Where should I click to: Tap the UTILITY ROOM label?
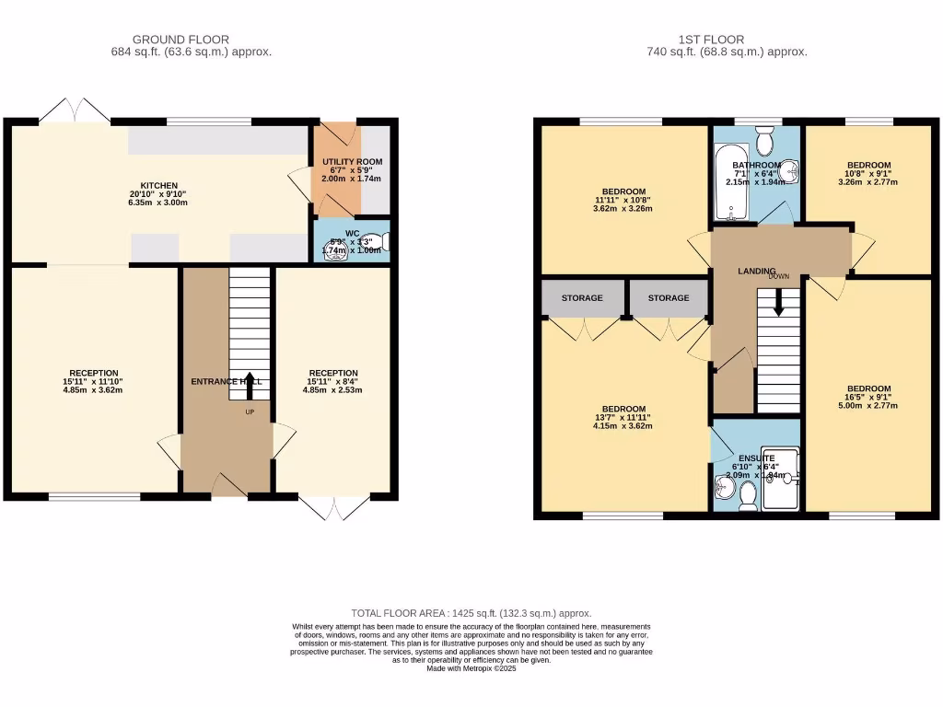click(352, 162)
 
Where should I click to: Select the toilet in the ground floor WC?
click(383, 242)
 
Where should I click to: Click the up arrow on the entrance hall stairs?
click(249, 386)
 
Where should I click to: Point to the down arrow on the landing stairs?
click(779, 302)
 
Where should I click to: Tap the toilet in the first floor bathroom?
click(764, 141)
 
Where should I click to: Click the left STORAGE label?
click(582, 298)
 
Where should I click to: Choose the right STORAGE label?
click(668, 298)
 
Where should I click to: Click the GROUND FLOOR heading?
click(181, 40)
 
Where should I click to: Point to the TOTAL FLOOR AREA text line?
click(471, 613)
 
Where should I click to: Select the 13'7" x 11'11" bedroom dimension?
click(623, 418)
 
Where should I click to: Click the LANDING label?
click(757, 271)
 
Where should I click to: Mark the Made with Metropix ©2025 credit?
click(471, 669)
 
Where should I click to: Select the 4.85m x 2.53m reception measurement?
click(333, 390)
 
